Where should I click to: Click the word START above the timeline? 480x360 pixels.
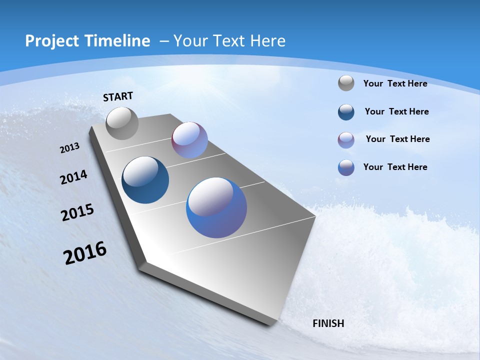[118, 96]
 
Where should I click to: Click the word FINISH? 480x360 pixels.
[328, 323]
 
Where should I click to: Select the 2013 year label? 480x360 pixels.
[69, 148]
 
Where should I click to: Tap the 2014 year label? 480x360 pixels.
[73, 177]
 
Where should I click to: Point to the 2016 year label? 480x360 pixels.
[85, 252]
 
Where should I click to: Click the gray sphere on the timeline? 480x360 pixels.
[122, 123]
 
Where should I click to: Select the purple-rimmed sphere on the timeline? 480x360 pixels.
[189, 140]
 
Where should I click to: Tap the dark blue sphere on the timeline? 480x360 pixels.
[145, 180]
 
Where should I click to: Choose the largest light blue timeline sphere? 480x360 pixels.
[216, 207]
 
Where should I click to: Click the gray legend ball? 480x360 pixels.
[346, 83]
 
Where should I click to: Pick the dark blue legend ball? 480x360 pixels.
[346, 112]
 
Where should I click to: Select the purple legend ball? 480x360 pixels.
[346, 140]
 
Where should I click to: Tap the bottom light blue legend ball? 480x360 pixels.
[346, 167]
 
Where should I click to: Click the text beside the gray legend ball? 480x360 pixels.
[395, 83]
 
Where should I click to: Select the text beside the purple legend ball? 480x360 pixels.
[397, 139]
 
